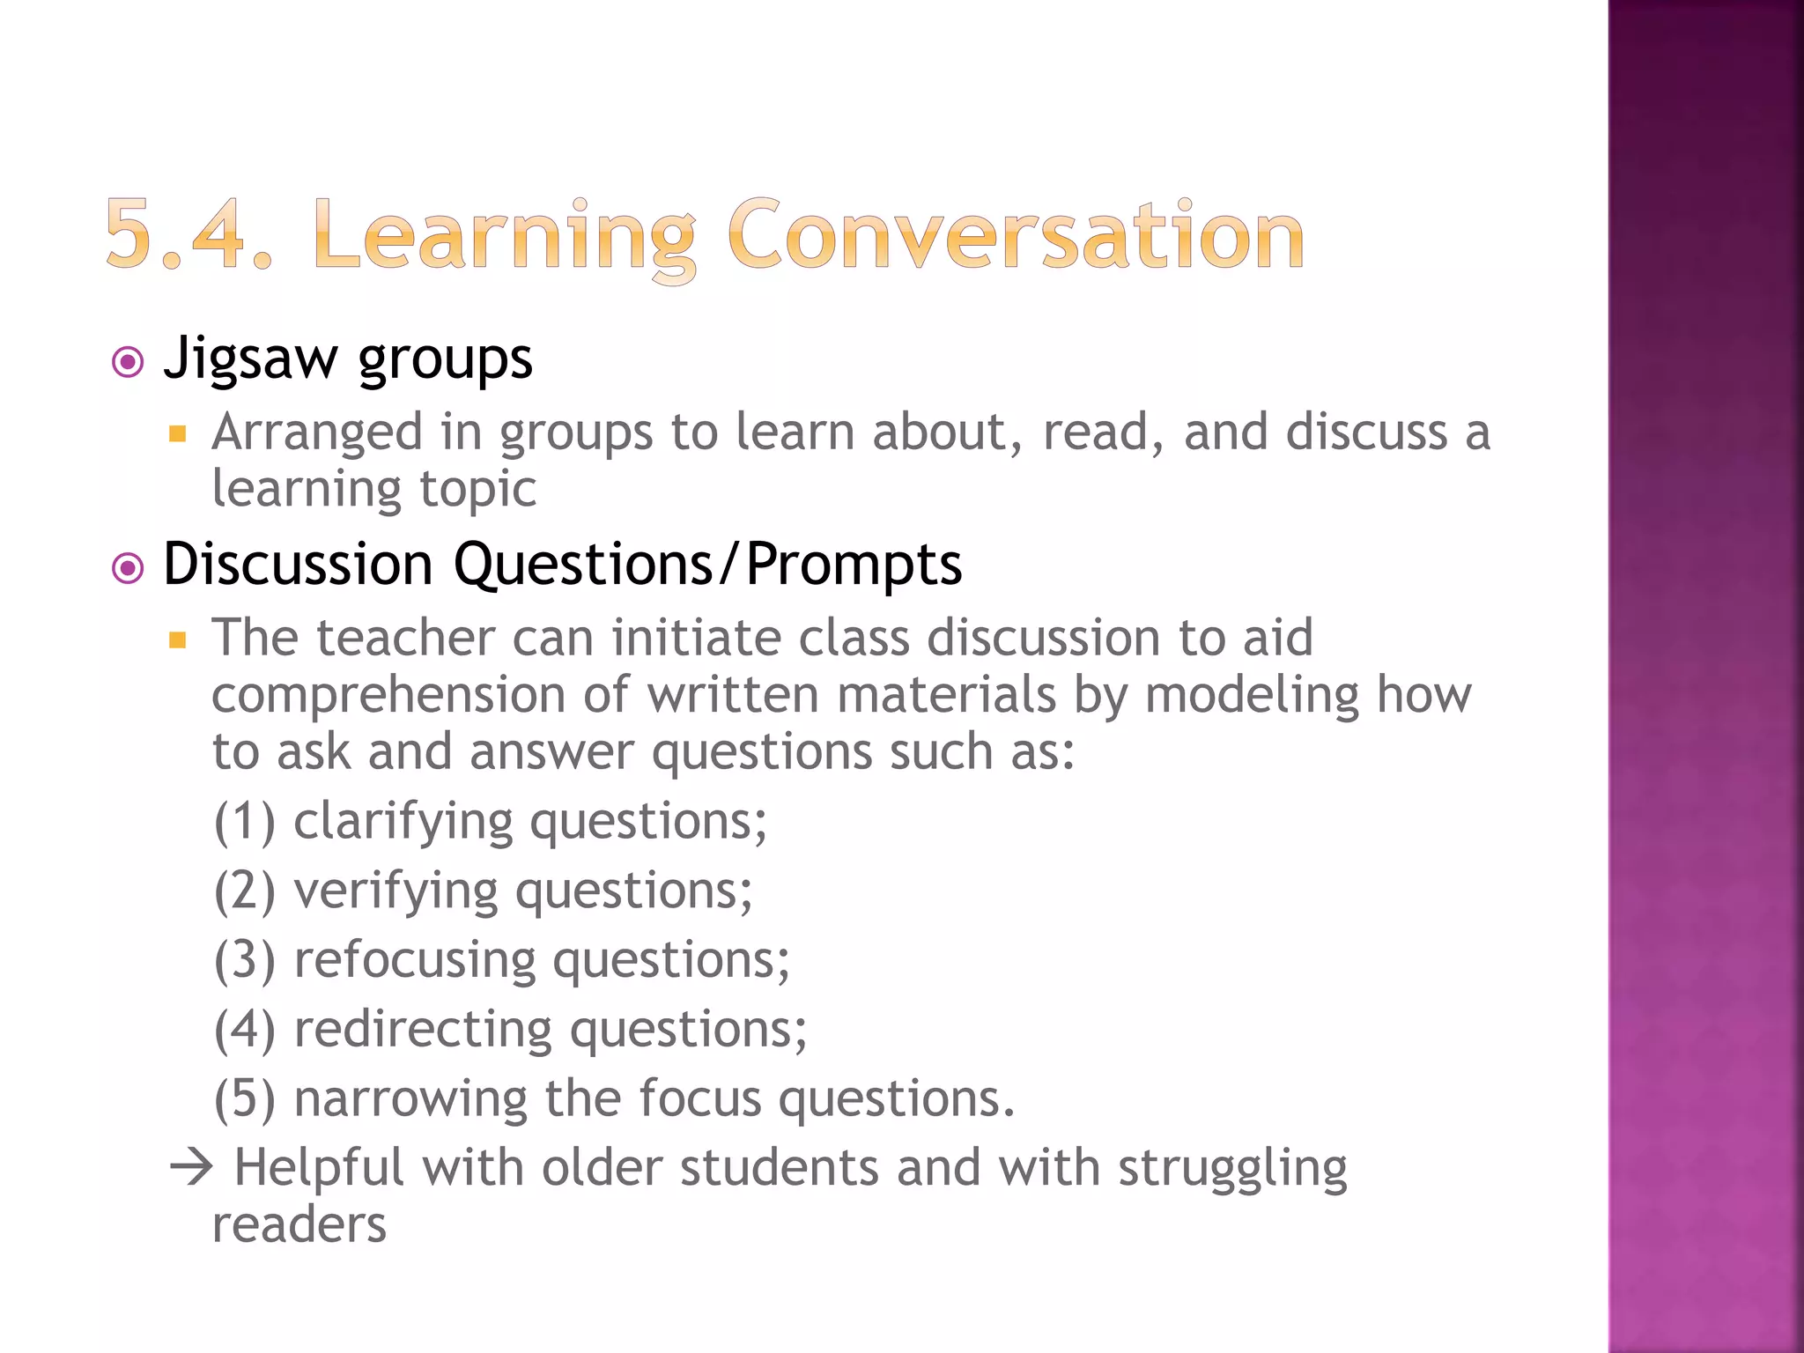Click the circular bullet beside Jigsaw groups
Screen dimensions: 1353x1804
pos(129,362)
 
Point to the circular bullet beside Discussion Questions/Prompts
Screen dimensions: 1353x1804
pos(129,568)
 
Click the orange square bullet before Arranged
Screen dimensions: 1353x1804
pos(178,433)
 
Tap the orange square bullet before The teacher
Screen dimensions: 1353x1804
pos(178,640)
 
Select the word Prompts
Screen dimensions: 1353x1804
pos(854,565)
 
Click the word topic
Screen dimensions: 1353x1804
pos(477,490)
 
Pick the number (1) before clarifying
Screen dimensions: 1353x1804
pos(245,822)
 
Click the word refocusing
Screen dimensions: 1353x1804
pos(415,960)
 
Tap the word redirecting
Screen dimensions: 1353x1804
pos(424,1030)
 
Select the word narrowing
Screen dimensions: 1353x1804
pos(410,1098)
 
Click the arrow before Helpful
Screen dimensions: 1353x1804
pos(192,1168)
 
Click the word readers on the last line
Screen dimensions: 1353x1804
pos(299,1225)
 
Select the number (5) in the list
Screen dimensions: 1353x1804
pos(245,1099)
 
